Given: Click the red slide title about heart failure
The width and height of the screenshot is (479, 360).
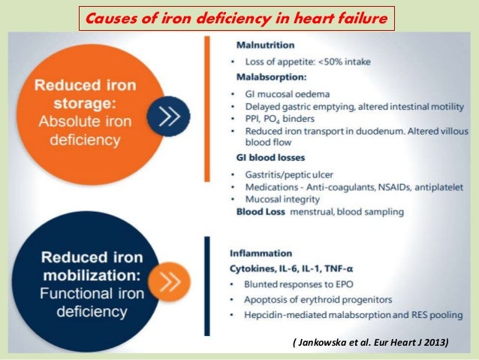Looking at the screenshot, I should (x=238, y=17).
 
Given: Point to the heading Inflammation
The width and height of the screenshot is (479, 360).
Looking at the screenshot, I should (x=261, y=253).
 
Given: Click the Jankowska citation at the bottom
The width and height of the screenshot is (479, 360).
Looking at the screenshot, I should (x=369, y=343).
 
